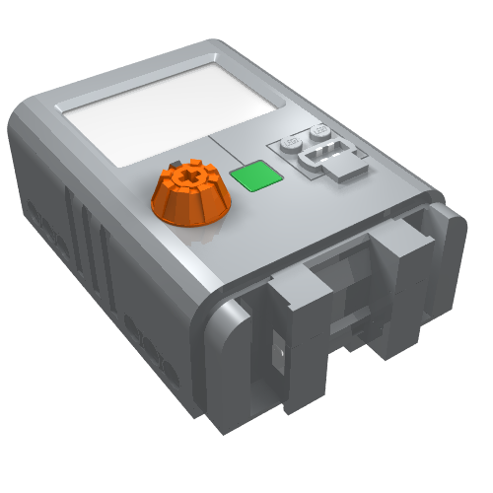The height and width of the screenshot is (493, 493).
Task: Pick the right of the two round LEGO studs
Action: tap(318, 132)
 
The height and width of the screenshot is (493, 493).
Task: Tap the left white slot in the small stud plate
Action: tap(305, 157)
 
